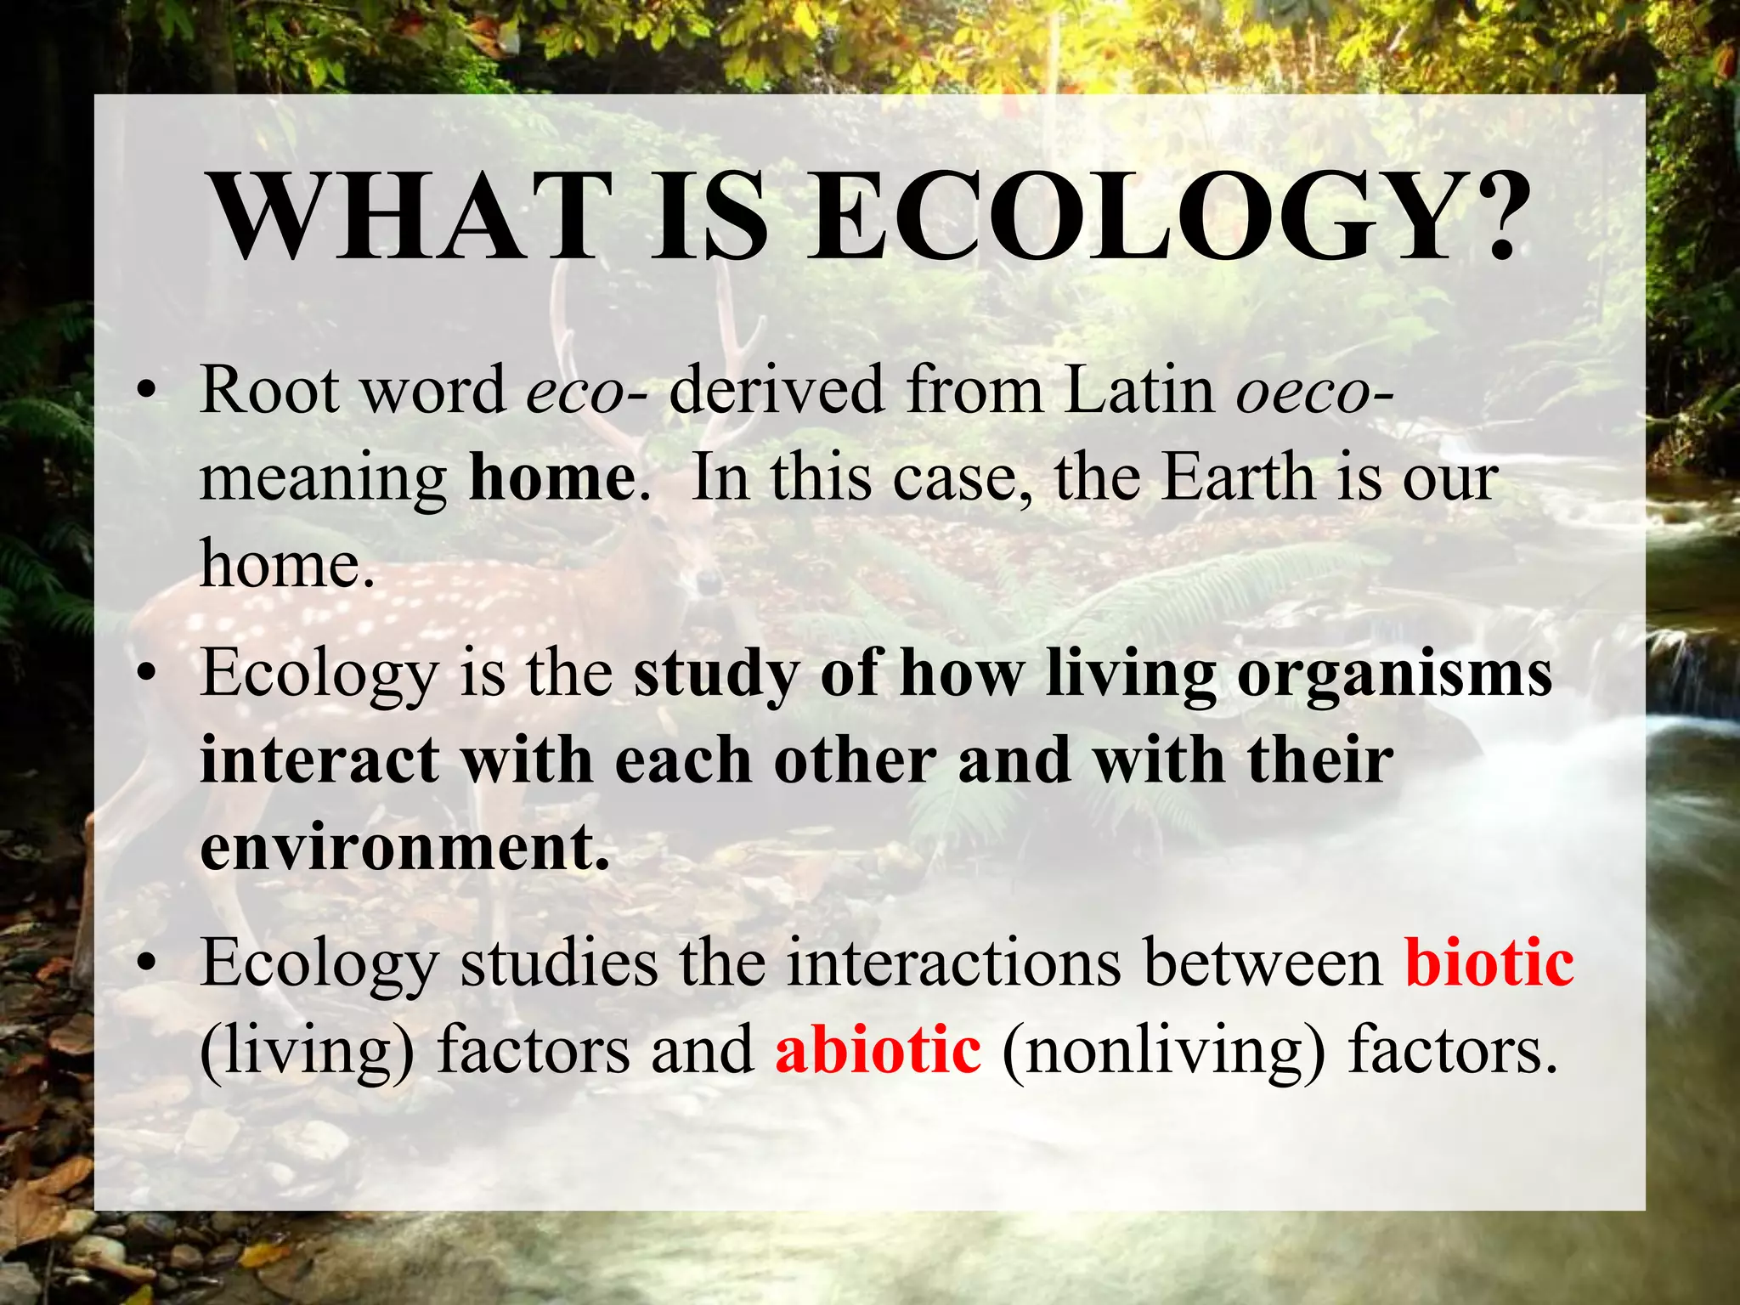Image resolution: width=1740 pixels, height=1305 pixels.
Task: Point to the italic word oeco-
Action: pyautogui.click(x=1313, y=391)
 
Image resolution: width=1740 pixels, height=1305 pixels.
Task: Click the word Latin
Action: pyautogui.click(x=1139, y=391)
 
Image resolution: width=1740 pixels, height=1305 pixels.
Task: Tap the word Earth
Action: pyautogui.click(x=1237, y=478)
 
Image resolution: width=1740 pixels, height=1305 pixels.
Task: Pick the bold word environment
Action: pyautogui.click(x=404, y=848)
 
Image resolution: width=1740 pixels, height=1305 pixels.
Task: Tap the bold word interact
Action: pyautogui.click(x=319, y=760)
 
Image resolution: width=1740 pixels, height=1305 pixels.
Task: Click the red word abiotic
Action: pyautogui.click(x=878, y=1051)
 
